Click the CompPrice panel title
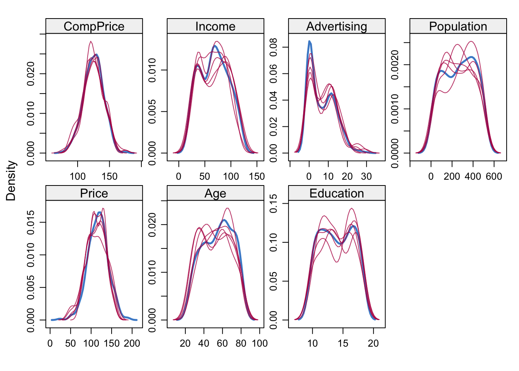94,26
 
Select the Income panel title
215,26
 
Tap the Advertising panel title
336,26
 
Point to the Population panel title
458,26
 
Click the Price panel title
94,193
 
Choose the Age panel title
215,193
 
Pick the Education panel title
336,193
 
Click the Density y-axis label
11,181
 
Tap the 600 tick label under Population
494,177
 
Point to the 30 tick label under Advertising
366,177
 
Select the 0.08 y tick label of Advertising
273,47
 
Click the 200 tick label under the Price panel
132,344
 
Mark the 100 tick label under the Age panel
259,344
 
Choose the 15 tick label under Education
343,344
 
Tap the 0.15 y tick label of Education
273,204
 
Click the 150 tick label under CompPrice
109,177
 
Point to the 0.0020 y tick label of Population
395,65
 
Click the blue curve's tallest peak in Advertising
309,41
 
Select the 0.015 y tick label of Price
31,222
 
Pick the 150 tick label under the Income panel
257,177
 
